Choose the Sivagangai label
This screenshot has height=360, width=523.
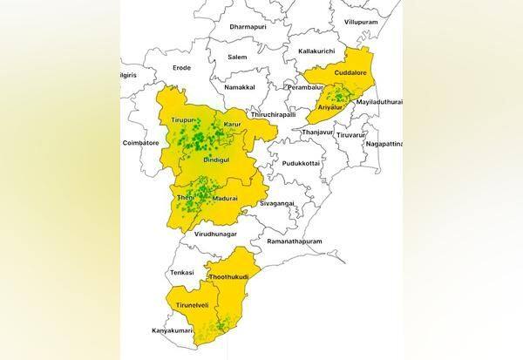pos(274,205)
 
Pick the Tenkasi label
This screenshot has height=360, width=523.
pos(185,271)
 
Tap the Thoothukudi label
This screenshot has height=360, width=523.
pos(228,277)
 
